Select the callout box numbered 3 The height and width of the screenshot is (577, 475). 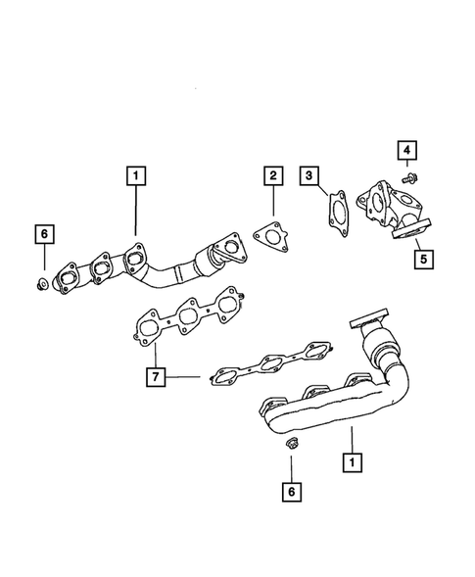pos(309,176)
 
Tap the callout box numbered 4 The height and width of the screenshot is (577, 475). pos(404,150)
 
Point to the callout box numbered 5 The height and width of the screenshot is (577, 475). pos(424,260)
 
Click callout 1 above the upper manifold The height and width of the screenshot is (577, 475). pos(135,177)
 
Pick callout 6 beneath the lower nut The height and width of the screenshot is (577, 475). pos(290,490)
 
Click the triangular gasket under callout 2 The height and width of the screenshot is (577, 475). pos(265,236)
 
